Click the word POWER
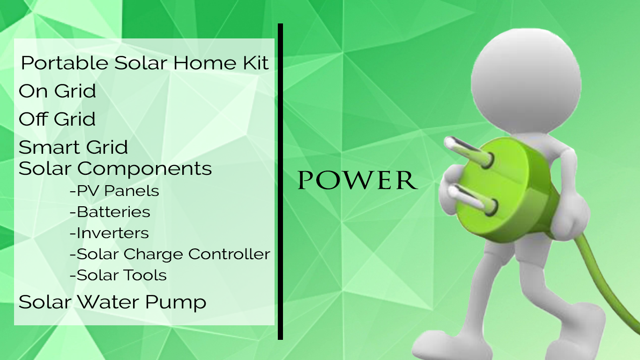point(357,180)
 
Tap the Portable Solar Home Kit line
point(145,63)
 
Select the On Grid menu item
point(57,91)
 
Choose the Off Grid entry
point(57,119)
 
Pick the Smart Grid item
point(73,147)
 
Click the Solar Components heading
point(115,169)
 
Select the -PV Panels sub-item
point(114,191)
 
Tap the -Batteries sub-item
point(110,212)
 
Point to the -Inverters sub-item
point(109,233)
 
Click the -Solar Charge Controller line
point(170,254)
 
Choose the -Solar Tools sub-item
point(118,275)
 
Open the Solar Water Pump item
point(112,302)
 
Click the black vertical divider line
point(280,181)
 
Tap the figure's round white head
point(526,81)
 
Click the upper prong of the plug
point(469,151)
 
